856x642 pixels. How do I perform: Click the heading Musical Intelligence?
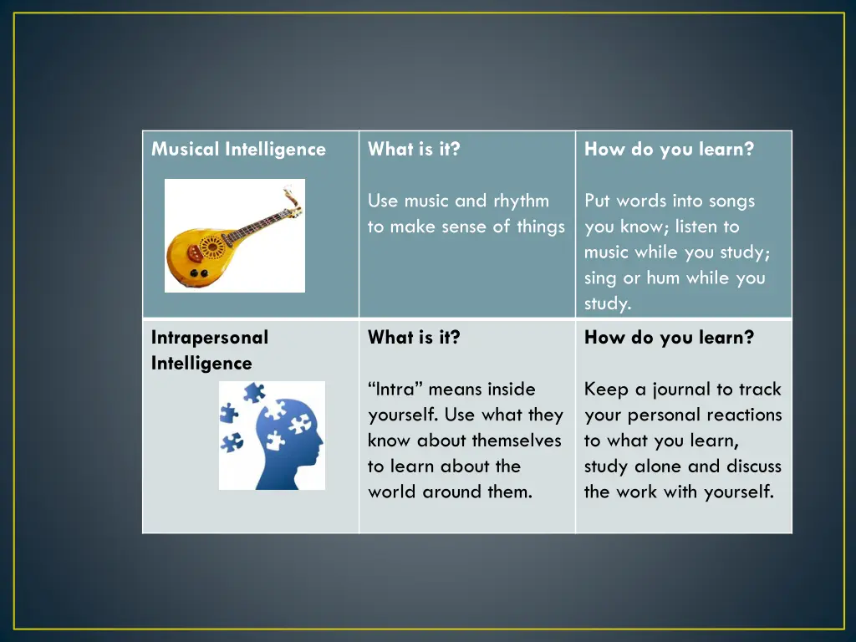point(238,150)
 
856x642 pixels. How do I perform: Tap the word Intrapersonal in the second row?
point(210,338)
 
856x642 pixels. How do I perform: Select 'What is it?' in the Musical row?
point(414,150)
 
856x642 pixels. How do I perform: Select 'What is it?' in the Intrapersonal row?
point(414,338)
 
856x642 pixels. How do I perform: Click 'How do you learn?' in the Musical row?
point(669,150)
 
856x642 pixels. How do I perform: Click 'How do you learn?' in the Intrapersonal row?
point(669,338)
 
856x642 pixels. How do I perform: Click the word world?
point(392,492)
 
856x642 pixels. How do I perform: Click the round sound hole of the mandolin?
point(211,247)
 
